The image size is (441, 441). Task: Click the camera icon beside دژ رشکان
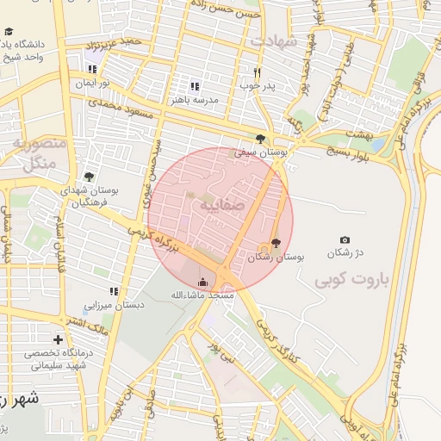pyautogui.click(x=345, y=239)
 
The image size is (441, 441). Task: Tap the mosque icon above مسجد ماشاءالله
pyautogui.click(x=203, y=282)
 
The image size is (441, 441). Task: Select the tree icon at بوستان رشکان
pyautogui.click(x=276, y=244)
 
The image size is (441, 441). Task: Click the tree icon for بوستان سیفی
pyautogui.click(x=260, y=138)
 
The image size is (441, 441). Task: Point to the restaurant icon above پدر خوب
pyautogui.click(x=256, y=72)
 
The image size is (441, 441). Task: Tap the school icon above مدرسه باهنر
pyautogui.click(x=195, y=86)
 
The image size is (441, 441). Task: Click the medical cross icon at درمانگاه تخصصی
pyautogui.click(x=58, y=340)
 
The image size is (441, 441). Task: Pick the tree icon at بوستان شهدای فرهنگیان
pyautogui.click(x=89, y=177)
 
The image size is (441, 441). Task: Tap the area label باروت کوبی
pyautogui.click(x=352, y=280)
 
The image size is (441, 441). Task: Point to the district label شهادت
pyautogui.click(x=273, y=41)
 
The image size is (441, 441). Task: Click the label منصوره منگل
pyautogui.click(x=34, y=154)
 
